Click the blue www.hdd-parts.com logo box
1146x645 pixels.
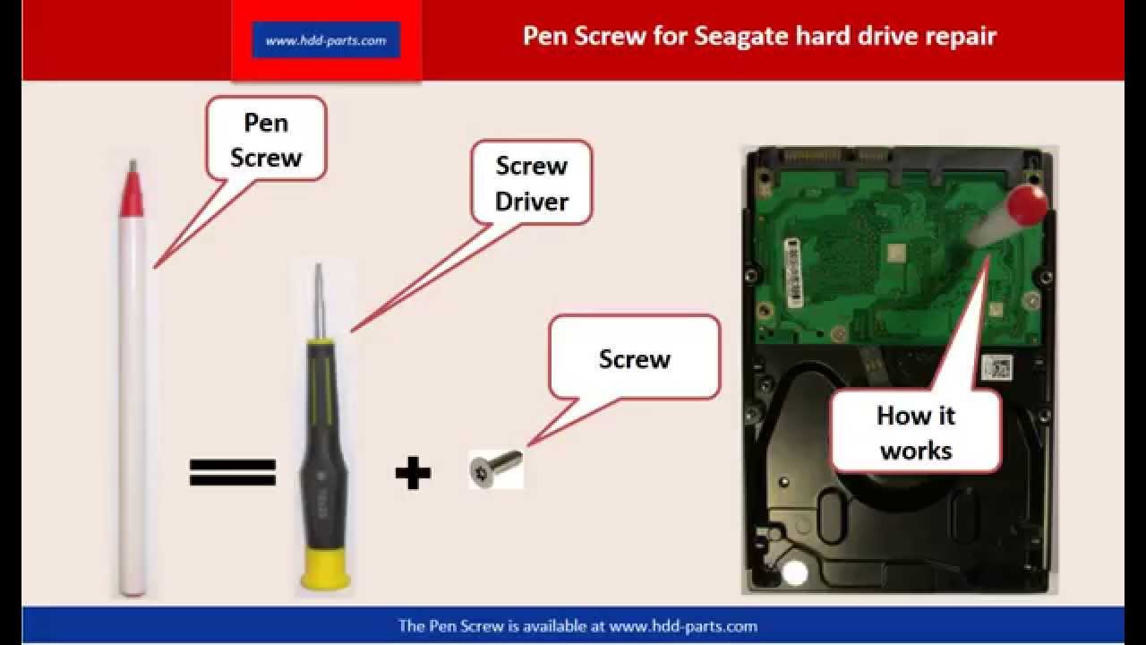click(326, 40)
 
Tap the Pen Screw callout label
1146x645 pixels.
click(266, 139)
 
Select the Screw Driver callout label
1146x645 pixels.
click(532, 183)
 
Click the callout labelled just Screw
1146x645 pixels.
click(635, 357)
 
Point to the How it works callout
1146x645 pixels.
click(916, 433)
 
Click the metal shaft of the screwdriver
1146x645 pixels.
click(320, 301)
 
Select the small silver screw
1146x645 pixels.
click(496, 467)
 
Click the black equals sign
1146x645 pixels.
click(233, 472)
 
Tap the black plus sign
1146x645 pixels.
click(413, 472)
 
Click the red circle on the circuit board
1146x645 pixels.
click(1026, 205)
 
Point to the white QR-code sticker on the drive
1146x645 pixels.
click(997, 367)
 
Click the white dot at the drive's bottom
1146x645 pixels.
click(794, 572)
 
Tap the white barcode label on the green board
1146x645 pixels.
click(793, 272)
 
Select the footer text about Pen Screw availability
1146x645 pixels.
click(577, 626)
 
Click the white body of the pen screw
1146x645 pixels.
click(133, 404)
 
